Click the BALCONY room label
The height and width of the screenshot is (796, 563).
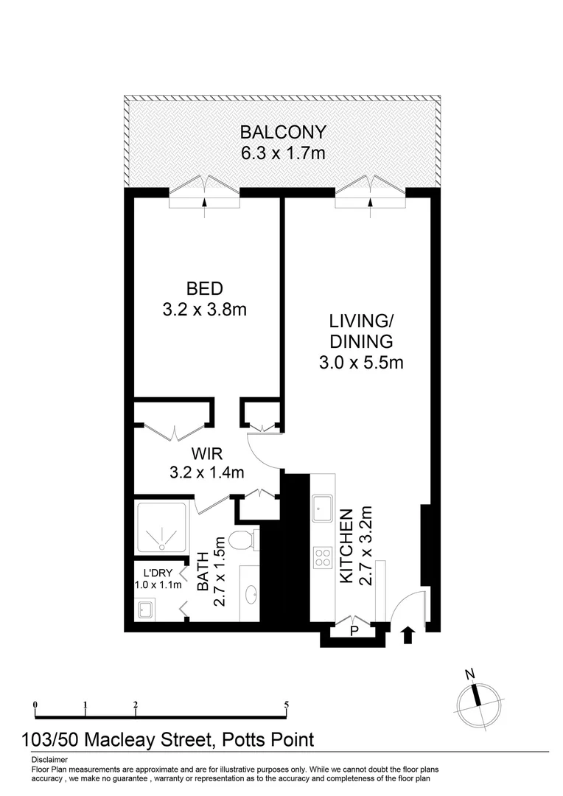click(283, 133)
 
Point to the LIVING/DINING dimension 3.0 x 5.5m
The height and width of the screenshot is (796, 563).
click(360, 362)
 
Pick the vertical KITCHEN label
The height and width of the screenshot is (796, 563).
click(346, 545)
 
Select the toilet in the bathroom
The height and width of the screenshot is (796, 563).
click(241, 542)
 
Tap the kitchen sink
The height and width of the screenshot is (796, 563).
click(321, 508)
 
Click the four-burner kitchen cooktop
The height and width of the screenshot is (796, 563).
click(321, 557)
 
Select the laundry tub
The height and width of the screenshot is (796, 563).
click(145, 609)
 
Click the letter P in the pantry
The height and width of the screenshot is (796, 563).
click(354, 632)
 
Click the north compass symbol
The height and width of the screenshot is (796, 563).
click(479, 698)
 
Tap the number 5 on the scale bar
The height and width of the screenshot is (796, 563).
click(286, 705)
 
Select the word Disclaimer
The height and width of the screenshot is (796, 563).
click(50, 759)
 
